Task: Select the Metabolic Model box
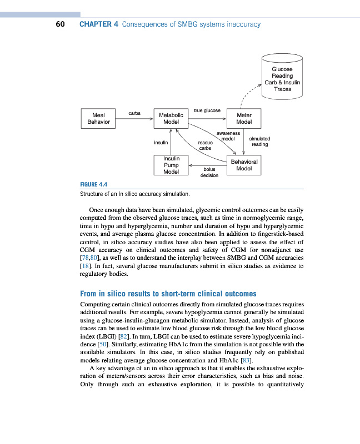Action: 171,118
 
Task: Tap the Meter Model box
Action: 244,118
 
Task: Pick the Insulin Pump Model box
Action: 171,165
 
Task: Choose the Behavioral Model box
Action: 244,165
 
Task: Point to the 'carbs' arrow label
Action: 134,113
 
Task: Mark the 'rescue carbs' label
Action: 205,145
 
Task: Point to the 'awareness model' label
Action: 228,136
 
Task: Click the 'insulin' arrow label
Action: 161,142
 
